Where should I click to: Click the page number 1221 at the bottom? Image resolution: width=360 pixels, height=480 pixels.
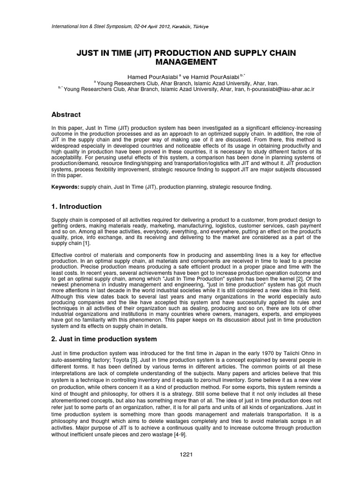(180, 455)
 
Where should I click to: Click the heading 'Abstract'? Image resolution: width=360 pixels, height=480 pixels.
(66, 114)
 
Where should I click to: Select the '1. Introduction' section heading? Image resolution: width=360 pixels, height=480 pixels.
(76, 206)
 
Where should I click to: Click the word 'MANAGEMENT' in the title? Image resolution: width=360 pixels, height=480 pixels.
(180, 61)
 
